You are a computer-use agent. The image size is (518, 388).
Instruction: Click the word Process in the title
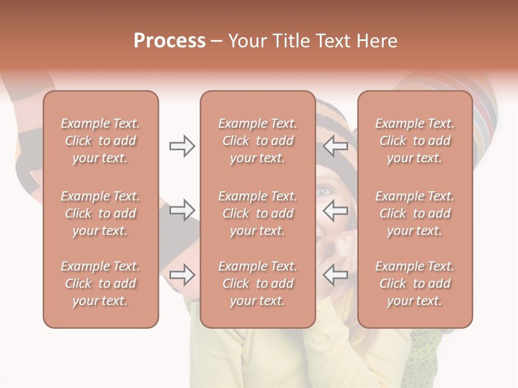pos(169,41)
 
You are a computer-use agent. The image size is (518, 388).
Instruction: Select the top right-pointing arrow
pos(182,146)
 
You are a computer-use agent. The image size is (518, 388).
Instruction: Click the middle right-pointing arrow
pos(182,210)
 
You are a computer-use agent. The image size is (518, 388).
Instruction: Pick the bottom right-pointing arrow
pos(182,275)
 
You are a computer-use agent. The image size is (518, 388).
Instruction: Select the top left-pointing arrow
pos(336,146)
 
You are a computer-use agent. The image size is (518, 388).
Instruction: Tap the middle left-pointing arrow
pos(336,210)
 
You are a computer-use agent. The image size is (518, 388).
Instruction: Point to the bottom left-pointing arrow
pos(336,275)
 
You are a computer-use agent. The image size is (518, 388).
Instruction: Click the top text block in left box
pos(100,141)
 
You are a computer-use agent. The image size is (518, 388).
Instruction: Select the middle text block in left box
pos(100,213)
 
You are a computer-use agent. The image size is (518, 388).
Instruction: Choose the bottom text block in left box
pos(100,283)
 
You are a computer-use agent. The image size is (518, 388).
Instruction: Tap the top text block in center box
pos(257,141)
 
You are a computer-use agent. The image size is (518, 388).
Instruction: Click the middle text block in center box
pos(257,213)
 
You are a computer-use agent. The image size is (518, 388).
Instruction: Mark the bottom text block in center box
pos(257,283)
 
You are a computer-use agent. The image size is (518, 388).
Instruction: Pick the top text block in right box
pos(414,141)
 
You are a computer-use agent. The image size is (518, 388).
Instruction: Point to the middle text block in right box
pos(414,213)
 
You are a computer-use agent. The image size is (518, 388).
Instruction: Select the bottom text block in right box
pos(414,283)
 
